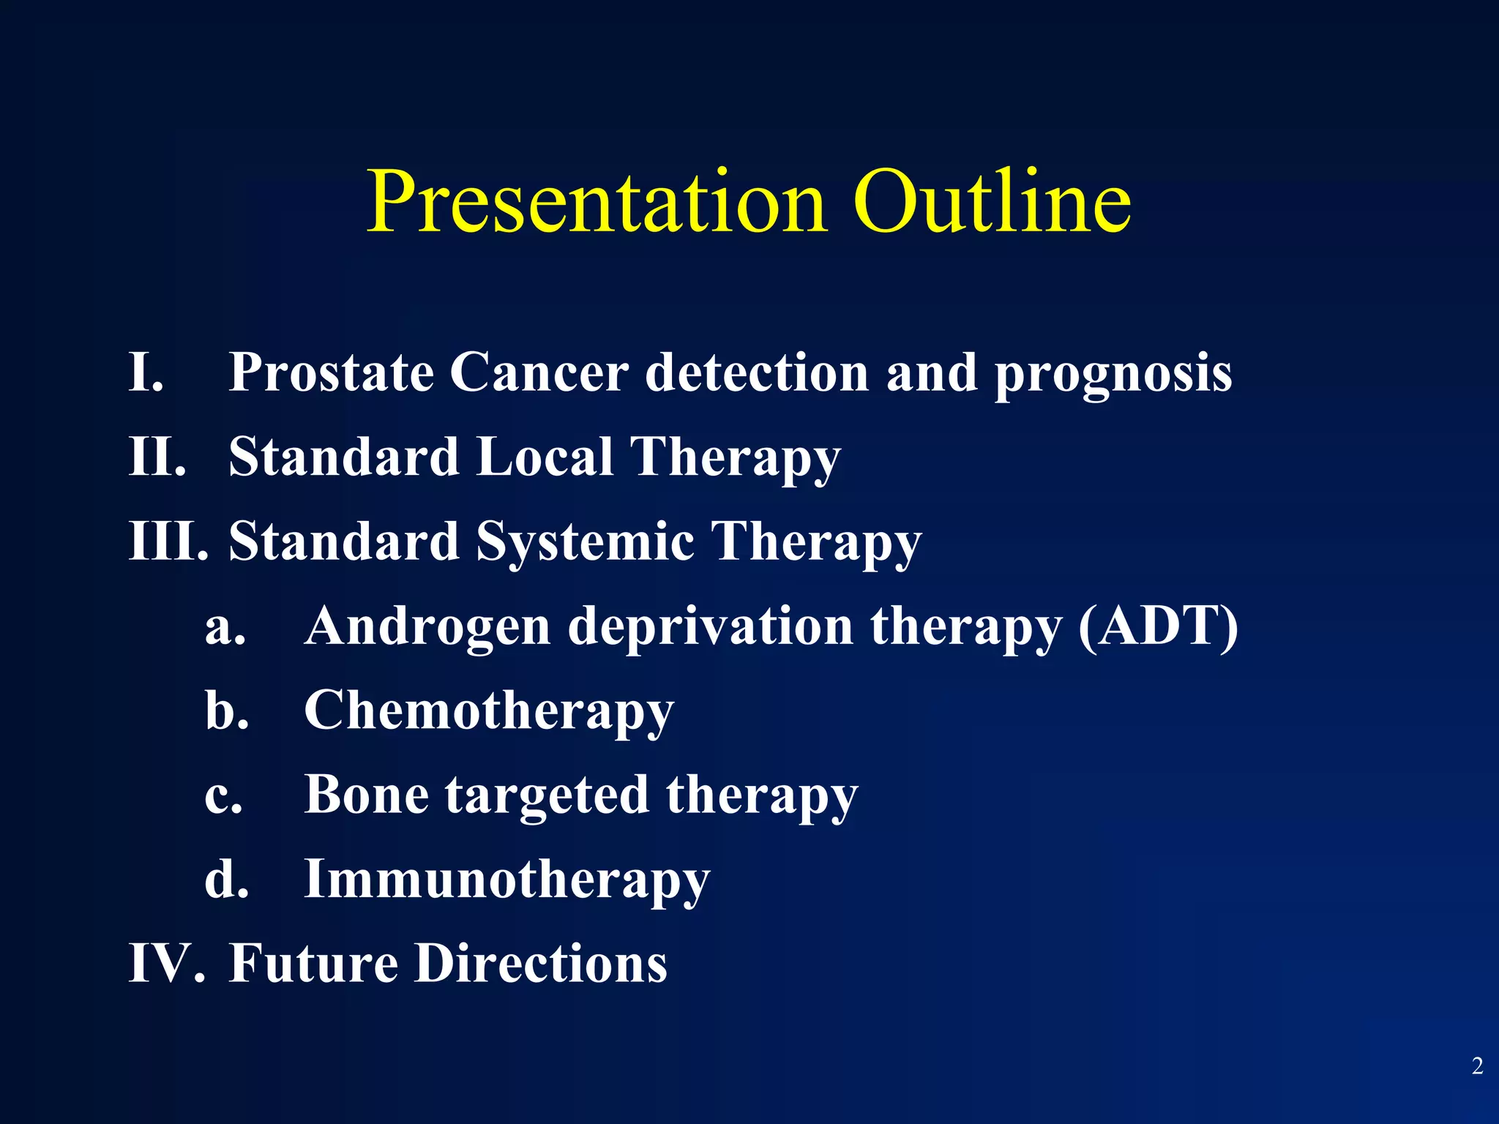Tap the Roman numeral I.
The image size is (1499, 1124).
(145, 372)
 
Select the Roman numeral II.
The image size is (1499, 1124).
(157, 456)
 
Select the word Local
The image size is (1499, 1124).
(545, 456)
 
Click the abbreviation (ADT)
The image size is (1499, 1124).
(1158, 626)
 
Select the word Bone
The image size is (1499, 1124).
(366, 794)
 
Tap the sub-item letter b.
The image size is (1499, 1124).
(226, 710)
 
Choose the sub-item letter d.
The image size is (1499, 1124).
(226, 878)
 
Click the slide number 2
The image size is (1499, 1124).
(1477, 1066)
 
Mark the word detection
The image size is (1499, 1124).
(757, 372)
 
